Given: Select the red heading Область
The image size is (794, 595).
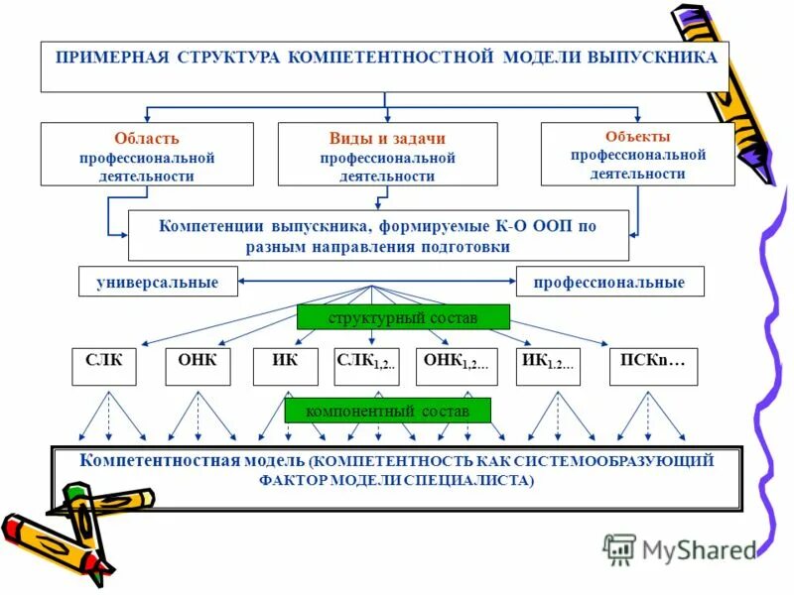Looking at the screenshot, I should click(147, 139).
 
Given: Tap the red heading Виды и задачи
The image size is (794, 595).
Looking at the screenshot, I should click(387, 139).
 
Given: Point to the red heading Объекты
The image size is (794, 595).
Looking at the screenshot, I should click(637, 136).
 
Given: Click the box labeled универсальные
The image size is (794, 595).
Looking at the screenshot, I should click(158, 283).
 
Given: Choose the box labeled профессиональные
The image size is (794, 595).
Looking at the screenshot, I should click(609, 283).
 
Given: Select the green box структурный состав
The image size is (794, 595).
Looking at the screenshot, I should click(403, 317).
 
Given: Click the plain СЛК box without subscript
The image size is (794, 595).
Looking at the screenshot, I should click(104, 365).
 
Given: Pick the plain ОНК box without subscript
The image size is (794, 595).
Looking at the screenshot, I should click(198, 365).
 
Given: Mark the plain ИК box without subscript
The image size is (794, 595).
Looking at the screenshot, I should click(285, 365).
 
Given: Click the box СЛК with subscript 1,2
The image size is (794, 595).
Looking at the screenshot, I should click(367, 365).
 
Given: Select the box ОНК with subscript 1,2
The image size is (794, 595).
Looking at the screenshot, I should click(456, 365).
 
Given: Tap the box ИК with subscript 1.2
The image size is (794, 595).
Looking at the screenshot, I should click(547, 365).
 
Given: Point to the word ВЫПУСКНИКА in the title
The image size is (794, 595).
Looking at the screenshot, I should click(651, 58).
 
